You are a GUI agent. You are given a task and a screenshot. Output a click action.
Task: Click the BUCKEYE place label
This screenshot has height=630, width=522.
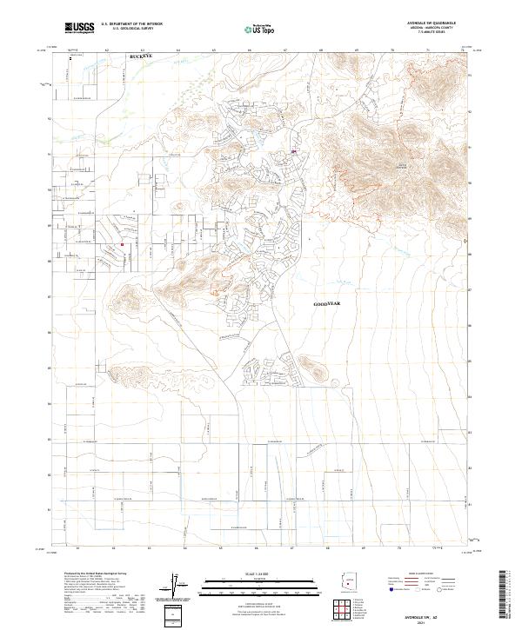coord(140,55)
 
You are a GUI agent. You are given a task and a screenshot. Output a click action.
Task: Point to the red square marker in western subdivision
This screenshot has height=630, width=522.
coord(123,244)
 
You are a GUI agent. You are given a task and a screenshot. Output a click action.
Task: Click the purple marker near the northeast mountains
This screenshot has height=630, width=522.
coord(294,151)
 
